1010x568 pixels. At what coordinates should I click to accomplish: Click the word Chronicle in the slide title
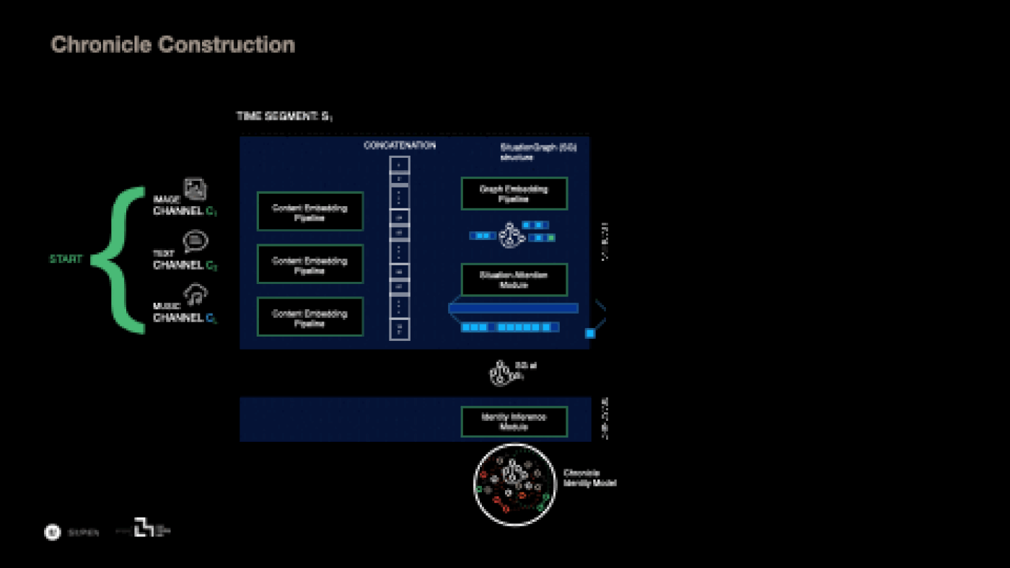[102, 45]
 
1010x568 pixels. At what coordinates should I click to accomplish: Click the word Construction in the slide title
[227, 45]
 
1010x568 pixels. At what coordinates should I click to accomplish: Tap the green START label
[66, 259]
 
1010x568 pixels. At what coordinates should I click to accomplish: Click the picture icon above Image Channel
[195, 188]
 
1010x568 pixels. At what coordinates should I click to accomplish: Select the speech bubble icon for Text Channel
[195, 241]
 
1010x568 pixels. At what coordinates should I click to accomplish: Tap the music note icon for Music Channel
[195, 294]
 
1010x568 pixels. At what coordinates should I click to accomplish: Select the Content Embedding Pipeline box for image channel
[310, 211]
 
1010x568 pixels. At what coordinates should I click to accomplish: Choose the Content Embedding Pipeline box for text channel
[310, 264]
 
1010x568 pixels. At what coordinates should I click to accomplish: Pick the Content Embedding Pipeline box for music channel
[310, 317]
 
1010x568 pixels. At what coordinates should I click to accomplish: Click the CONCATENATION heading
[399, 146]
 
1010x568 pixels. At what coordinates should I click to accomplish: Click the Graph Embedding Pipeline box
[514, 193]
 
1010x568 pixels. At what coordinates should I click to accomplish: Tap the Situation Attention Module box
[514, 280]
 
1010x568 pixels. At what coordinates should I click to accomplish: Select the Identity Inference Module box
[514, 422]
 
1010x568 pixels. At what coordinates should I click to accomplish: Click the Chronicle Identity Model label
[589, 478]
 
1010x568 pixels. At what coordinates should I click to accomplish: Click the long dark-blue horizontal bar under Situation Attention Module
[513, 309]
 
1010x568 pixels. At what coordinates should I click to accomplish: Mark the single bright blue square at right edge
[589, 333]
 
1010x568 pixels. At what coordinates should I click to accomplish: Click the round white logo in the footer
[52, 532]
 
